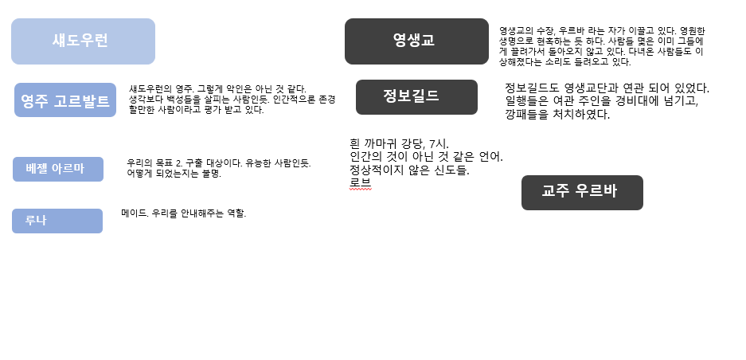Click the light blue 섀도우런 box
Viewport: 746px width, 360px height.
pos(83,41)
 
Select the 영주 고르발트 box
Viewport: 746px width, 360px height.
pos(65,100)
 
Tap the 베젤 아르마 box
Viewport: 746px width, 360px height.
pos(58,169)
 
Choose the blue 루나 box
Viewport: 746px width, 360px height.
pos(57,221)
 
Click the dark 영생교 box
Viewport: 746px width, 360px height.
pos(416,41)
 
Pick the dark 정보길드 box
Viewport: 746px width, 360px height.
pos(416,96)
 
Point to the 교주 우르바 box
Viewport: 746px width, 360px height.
pos(582,192)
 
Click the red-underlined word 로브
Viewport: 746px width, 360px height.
pos(360,182)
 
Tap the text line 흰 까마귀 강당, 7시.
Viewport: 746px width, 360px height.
pos(399,143)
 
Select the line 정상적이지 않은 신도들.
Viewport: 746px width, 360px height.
pos(409,170)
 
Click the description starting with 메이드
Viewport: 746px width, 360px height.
pos(184,213)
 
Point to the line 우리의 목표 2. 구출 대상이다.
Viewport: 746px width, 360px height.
pos(219,162)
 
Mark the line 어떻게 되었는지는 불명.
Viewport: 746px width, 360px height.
pos(174,173)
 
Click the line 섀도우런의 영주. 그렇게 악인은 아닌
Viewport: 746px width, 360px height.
pos(217,89)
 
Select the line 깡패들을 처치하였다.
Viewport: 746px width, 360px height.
pos(557,114)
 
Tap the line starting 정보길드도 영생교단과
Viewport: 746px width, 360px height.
pos(607,88)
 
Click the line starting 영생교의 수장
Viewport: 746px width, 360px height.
pos(602,31)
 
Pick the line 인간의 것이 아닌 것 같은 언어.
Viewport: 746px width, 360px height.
pos(426,157)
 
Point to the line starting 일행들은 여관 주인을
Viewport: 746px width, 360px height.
pos(601,101)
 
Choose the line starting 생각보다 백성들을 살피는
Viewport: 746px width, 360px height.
pos(232,100)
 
